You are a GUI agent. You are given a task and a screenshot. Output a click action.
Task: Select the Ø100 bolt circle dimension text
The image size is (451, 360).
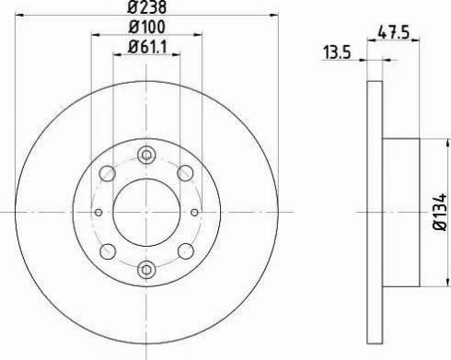coord(146,29)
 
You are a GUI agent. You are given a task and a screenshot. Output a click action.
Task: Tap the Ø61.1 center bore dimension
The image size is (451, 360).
coord(146,50)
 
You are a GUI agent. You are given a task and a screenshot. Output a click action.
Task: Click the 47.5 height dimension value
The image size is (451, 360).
coord(394,36)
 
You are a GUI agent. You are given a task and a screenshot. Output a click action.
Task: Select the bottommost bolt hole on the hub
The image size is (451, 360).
coord(146,269)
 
